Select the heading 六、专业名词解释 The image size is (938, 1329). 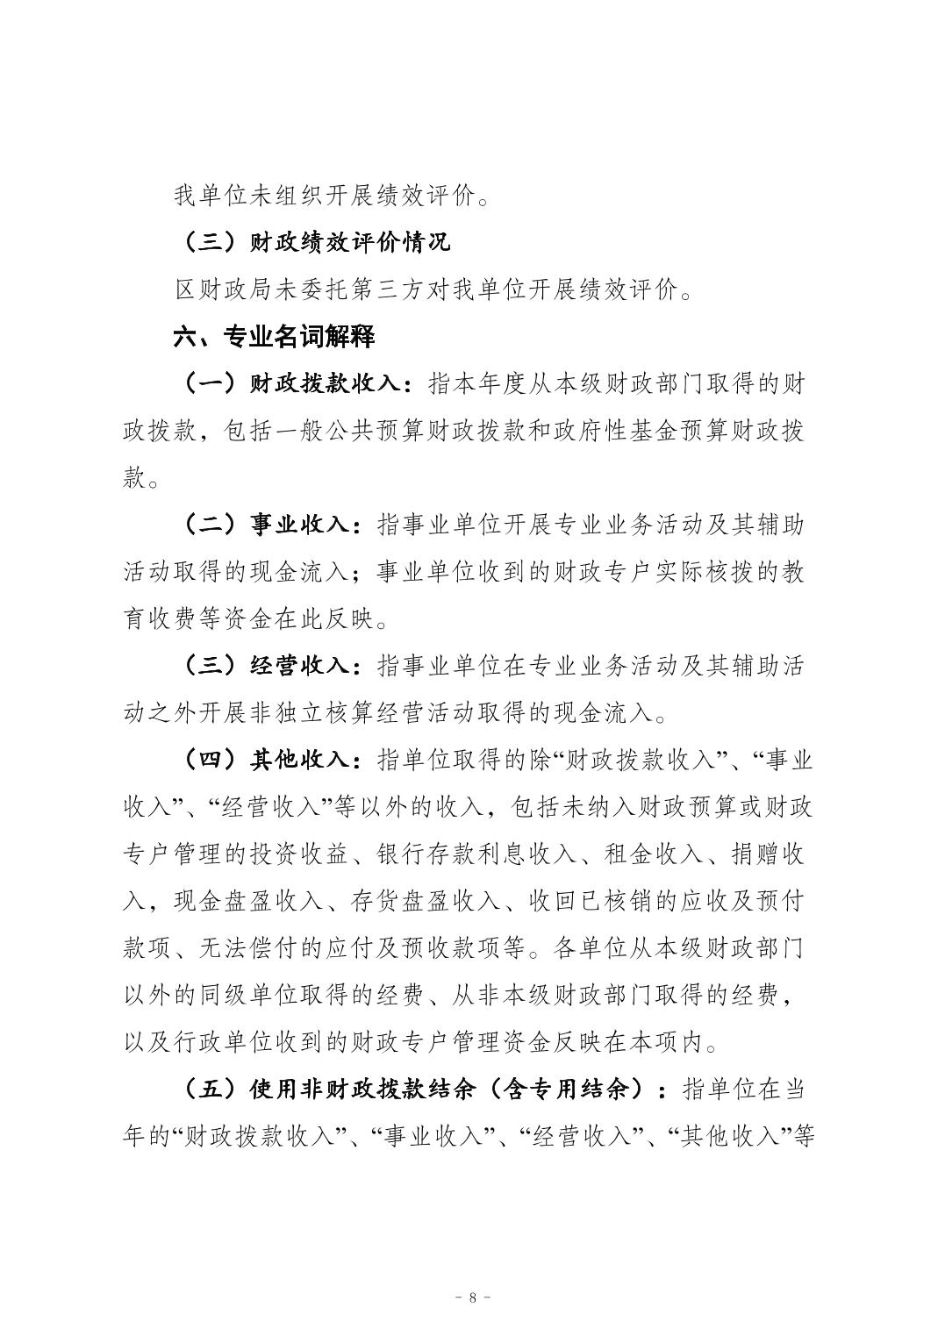pyautogui.click(x=276, y=336)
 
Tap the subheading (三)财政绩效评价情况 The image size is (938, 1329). pyautogui.click(x=312, y=241)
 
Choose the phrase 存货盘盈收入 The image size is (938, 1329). pyautogui.click(x=403, y=901)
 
